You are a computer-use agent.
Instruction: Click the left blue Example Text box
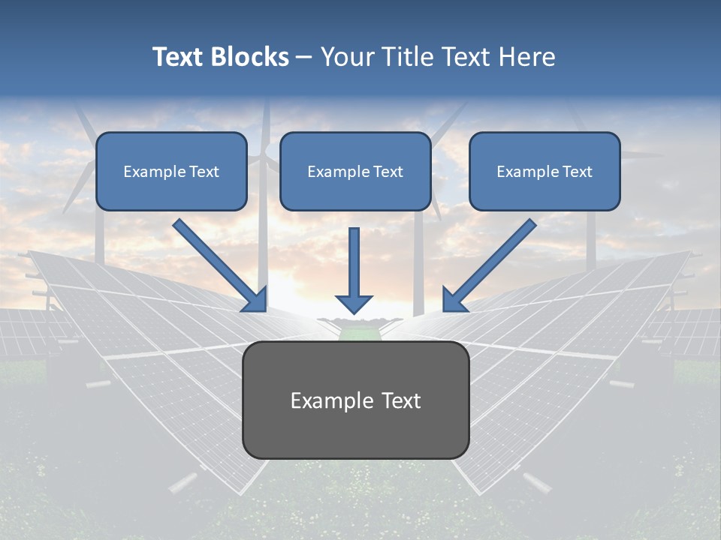coord(171,172)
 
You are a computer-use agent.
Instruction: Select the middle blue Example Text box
coord(355,172)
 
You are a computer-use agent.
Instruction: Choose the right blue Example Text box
coord(545,172)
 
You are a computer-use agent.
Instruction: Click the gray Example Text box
coord(355,400)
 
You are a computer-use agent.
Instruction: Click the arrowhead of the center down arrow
coord(354,303)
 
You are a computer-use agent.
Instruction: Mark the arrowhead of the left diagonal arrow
coord(255,300)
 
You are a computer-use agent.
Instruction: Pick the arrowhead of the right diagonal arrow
coord(454,300)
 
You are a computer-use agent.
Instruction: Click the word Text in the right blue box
coord(577,172)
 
